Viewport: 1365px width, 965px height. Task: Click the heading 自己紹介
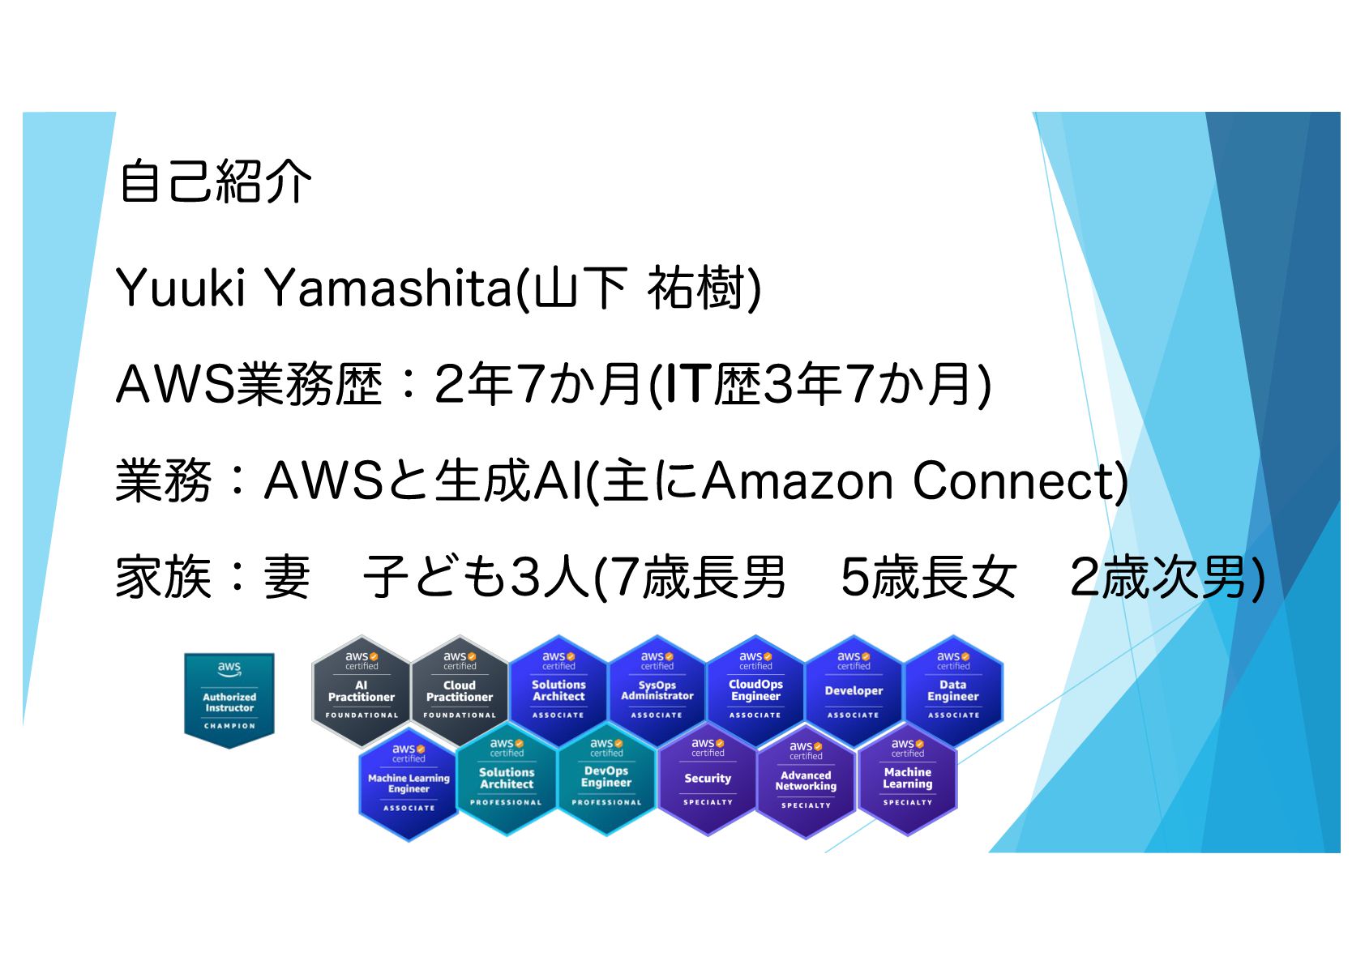(215, 181)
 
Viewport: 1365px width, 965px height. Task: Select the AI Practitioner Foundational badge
(362, 690)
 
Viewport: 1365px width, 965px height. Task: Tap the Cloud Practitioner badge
(460, 690)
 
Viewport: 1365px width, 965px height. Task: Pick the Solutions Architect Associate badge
(558, 690)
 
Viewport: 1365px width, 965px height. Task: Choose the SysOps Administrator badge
(657, 690)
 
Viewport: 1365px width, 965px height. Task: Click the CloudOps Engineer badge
(755, 690)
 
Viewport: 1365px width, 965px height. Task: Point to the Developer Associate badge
(854, 690)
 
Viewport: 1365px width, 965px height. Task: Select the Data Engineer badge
(953, 690)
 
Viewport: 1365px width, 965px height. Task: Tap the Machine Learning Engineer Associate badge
(409, 784)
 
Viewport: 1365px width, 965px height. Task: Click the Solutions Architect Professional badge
(507, 779)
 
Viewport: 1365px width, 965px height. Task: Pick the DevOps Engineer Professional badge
(606, 779)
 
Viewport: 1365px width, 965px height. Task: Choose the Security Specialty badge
(708, 779)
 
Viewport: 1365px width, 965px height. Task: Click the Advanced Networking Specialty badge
(806, 780)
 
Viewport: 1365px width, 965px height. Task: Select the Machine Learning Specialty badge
(908, 779)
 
